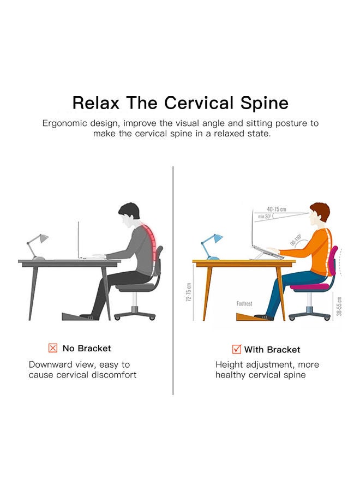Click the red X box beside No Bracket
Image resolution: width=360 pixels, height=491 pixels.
tap(53, 348)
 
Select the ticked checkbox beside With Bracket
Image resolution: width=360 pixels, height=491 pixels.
tap(237, 349)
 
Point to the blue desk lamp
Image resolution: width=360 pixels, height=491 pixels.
tap(211, 247)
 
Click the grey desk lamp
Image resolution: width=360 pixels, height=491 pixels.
tap(37, 247)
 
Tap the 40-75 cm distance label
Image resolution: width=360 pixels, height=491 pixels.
tap(277, 209)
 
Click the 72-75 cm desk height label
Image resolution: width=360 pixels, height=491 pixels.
tap(188, 292)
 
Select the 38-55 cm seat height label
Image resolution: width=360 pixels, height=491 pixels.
tap(339, 306)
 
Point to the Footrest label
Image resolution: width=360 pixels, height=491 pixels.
tap(244, 303)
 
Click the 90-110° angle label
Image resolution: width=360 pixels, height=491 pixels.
tap(296, 239)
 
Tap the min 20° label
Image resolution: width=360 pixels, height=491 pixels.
tap(264, 217)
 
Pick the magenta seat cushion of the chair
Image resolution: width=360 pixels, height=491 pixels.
tap(310, 286)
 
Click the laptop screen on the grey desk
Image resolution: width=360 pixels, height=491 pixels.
tap(78, 239)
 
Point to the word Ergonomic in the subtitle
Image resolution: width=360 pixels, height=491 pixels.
tap(65, 123)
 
